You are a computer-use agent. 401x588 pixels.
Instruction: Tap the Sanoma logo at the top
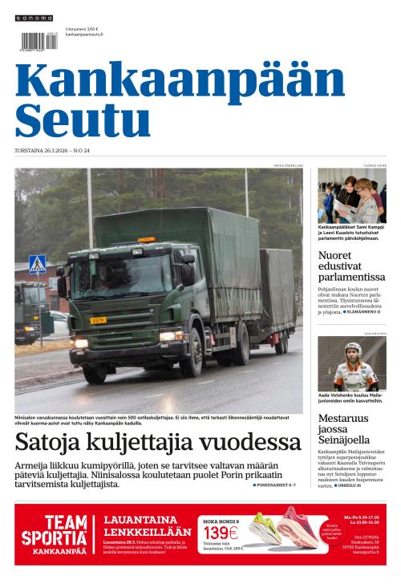[34, 18]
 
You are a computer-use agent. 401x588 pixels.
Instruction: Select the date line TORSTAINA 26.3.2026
[51, 150]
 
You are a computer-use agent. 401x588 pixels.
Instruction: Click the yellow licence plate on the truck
[98, 320]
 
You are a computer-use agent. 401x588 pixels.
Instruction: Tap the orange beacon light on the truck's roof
[147, 240]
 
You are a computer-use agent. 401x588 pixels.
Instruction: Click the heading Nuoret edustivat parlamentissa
[351, 266]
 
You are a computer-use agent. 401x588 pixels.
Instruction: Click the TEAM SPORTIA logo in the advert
[55, 533]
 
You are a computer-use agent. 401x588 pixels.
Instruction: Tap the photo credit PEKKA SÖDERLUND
[289, 165]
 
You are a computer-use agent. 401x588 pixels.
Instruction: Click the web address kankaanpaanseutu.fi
[84, 35]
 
